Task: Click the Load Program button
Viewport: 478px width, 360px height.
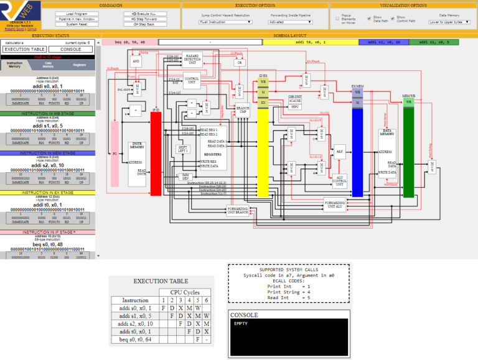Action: [77, 14]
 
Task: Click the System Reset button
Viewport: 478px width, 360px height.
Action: [77, 24]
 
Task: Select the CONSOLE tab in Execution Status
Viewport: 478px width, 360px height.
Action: [70, 48]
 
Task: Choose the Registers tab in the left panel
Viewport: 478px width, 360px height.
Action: [80, 65]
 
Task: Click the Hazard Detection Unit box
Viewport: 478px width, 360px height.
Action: [194, 59]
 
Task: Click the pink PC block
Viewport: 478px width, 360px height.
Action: [115, 152]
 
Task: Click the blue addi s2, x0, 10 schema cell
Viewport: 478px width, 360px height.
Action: [384, 42]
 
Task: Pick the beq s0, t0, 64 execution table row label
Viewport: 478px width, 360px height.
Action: [134, 340]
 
